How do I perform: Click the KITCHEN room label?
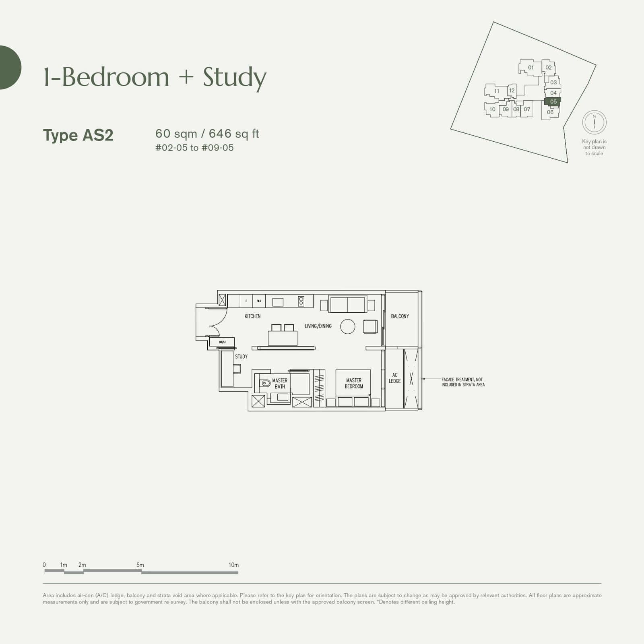(252, 316)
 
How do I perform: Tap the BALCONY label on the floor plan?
(400, 316)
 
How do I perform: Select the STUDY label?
(241, 357)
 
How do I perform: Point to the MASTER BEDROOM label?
(354, 383)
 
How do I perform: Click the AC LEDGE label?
(394, 378)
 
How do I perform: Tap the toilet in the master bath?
(265, 384)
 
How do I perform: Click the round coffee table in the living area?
(348, 326)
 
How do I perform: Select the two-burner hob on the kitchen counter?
(301, 301)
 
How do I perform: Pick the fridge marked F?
(246, 301)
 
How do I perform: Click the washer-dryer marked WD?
(259, 301)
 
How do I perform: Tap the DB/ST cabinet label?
(222, 342)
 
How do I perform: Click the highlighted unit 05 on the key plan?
(553, 101)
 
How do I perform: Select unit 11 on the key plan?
(497, 91)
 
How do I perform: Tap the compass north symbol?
(594, 122)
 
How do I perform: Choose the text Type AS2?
(78, 135)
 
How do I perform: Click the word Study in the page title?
(234, 77)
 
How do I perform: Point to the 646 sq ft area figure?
(234, 134)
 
